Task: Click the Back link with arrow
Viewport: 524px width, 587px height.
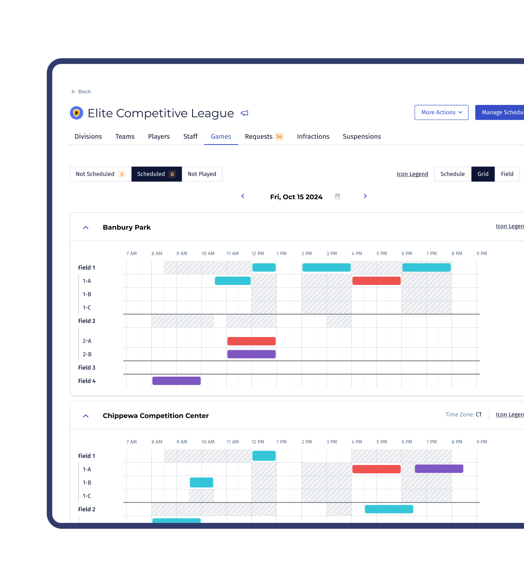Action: [81, 92]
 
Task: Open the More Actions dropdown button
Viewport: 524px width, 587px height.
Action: [441, 113]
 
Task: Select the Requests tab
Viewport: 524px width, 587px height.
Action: [263, 137]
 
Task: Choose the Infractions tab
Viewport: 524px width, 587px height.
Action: [313, 137]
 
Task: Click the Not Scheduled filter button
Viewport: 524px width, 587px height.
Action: [100, 174]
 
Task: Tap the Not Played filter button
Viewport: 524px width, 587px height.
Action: [202, 174]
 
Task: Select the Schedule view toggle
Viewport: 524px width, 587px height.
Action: [452, 174]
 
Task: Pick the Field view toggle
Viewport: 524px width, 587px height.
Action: [507, 174]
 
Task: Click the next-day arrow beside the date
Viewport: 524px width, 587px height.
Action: [365, 196]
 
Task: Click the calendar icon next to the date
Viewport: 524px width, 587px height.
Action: [337, 196]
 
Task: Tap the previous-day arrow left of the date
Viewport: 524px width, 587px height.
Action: [243, 196]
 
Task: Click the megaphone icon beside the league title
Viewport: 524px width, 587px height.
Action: [245, 113]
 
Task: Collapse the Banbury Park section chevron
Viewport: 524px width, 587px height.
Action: [86, 228]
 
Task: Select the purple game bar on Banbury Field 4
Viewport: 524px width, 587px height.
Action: [176, 381]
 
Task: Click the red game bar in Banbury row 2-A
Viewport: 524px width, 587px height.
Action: [251, 341]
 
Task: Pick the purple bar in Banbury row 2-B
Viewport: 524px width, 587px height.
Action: [251, 354]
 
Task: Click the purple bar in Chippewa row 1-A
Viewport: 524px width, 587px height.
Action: [439, 469]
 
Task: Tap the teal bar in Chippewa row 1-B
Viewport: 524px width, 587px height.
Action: [201, 483]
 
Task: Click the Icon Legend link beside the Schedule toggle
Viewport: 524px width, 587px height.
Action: [412, 174]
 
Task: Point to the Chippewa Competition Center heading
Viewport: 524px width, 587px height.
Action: [155, 416]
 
